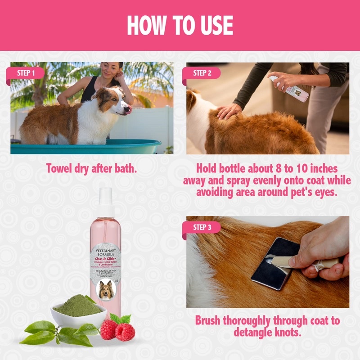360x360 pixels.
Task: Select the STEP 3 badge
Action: tap(202, 227)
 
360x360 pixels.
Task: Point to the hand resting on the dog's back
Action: tap(229, 110)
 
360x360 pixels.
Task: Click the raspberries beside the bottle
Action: tap(118, 330)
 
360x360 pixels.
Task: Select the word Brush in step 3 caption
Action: tap(211, 321)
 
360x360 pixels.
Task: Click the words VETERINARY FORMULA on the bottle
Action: tap(105, 253)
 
